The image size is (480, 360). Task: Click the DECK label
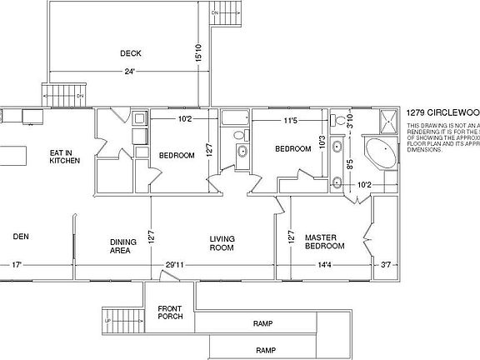[130, 53]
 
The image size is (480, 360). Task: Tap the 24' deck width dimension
[130, 72]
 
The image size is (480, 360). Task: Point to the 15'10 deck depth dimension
[197, 53]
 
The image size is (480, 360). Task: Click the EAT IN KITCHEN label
[64, 156]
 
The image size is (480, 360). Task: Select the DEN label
[21, 237]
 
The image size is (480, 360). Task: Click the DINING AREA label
[123, 246]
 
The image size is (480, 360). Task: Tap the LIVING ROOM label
[222, 243]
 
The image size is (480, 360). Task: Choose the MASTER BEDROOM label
[321, 242]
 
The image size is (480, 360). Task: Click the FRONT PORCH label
[170, 313]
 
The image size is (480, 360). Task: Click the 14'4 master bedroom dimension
[325, 266]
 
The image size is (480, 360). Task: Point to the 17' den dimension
[16, 266]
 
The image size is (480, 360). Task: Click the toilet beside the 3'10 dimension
[339, 122]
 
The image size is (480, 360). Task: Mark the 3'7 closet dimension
[384, 266]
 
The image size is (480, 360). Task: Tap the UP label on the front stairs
[107, 320]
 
